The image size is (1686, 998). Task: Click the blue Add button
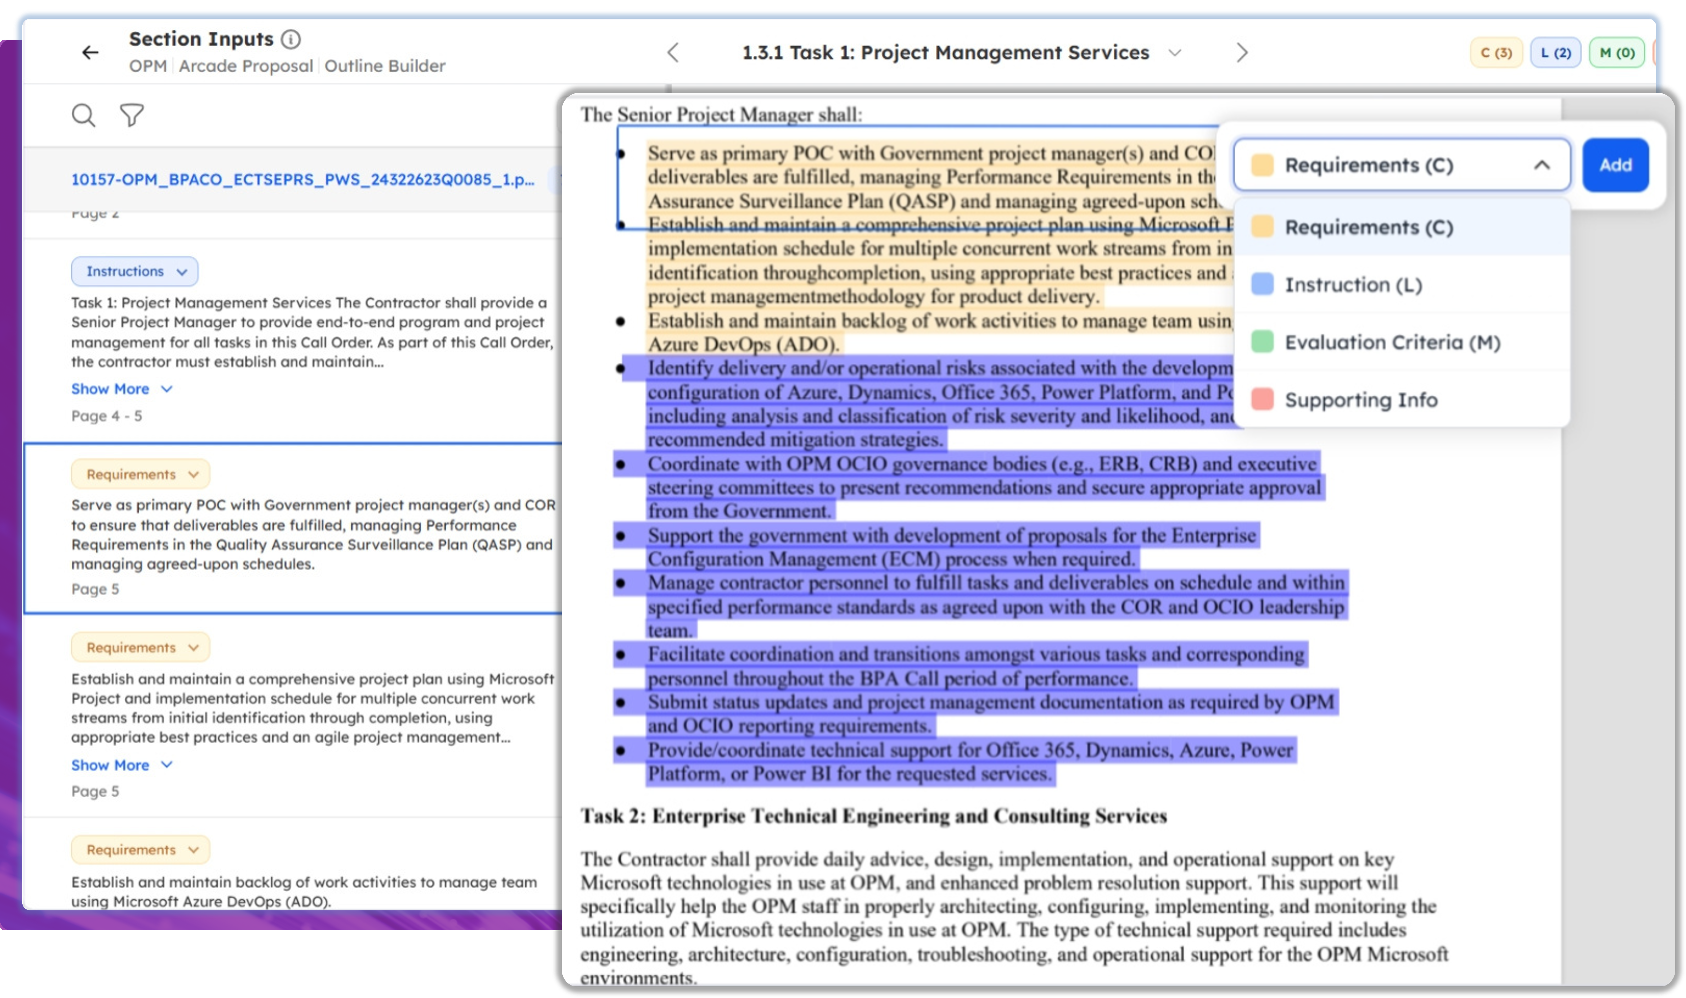1615,165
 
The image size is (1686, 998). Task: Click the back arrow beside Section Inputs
90,52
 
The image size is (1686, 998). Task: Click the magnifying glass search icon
83,115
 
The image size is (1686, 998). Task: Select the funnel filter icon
132,115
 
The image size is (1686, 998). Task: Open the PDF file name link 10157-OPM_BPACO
302,180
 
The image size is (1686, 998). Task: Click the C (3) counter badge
1496,52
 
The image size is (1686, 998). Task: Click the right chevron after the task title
1242,52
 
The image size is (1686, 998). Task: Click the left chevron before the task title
673,52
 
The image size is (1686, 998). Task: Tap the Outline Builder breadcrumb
385,66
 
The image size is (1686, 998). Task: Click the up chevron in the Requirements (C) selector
1541,165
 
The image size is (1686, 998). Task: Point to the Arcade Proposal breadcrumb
245,66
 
